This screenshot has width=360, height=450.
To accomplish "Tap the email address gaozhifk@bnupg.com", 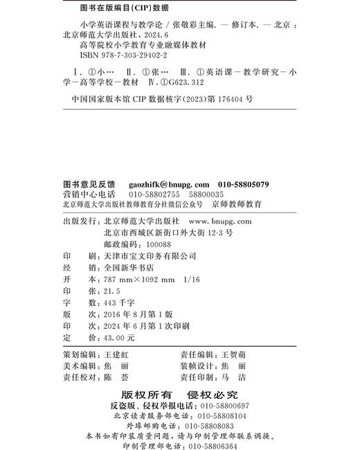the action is coord(169,184).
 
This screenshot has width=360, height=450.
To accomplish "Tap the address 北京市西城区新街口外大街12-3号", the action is coord(168,233).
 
